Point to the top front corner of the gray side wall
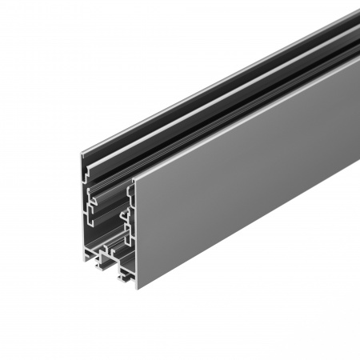[x=134, y=178]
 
